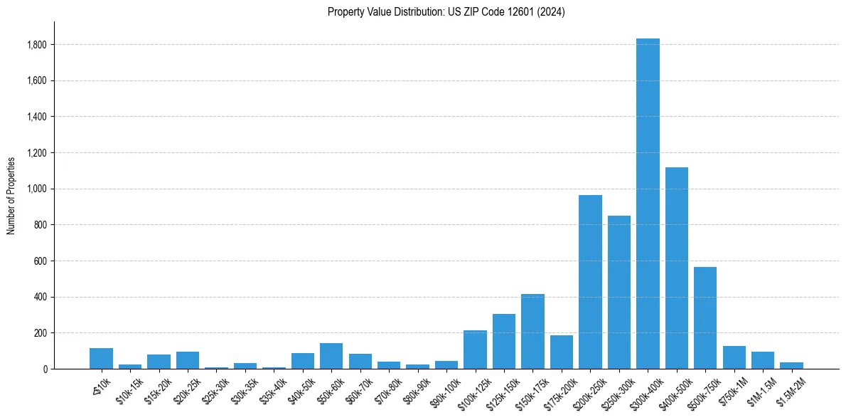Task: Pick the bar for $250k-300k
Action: pos(619,293)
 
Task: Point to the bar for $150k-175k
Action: pos(532,332)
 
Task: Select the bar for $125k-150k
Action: pos(504,342)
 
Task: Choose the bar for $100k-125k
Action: pos(475,350)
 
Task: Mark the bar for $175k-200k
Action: pos(562,352)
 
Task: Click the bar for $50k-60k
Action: pos(331,356)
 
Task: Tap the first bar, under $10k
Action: pos(101,359)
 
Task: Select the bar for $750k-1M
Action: pos(734,357)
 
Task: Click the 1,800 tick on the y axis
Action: pos(36,45)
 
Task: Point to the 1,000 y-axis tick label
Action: pos(36,189)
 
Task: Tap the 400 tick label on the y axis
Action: pos(41,297)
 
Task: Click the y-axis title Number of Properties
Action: pos(11,195)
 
